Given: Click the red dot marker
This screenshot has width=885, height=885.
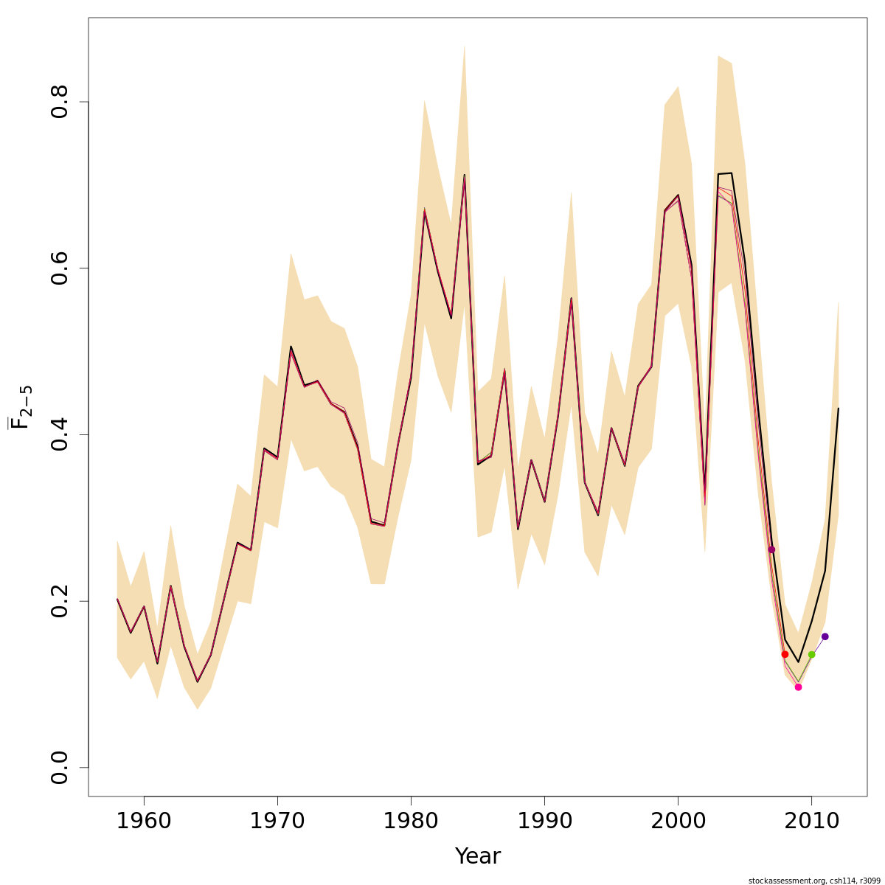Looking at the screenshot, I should tap(785, 654).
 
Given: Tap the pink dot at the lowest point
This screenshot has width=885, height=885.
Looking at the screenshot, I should tap(798, 687).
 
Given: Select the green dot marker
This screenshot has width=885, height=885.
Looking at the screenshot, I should tap(811, 654).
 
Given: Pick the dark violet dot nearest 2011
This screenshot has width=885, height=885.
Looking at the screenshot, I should tap(825, 636).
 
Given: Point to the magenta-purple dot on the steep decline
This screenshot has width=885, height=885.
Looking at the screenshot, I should tap(771, 549).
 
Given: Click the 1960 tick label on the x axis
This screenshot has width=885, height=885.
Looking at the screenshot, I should tap(144, 822).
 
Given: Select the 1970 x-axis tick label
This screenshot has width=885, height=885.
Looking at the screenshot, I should tap(277, 822).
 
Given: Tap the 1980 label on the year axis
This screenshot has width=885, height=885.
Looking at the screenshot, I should tap(411, 822).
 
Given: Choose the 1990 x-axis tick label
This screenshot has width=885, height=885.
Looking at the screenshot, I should tap(544, 822).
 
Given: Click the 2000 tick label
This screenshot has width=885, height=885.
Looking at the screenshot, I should tap(678, 822).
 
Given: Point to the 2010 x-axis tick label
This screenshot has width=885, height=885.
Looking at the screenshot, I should tap(811, 822).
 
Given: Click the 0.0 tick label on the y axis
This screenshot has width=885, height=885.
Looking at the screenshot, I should tap(60, 767).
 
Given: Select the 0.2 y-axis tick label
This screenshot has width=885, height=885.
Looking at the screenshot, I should tap(60, 601).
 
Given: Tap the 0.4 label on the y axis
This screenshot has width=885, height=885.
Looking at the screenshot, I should tap(60, 434).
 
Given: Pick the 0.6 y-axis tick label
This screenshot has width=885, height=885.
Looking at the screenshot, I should tap(60, 268).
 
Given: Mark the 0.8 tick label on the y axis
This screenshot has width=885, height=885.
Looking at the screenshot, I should tap(60, 102).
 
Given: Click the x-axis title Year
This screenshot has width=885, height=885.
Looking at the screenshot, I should tap(478, 856).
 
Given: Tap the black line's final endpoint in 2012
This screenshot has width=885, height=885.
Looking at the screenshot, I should tap(838, 409).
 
